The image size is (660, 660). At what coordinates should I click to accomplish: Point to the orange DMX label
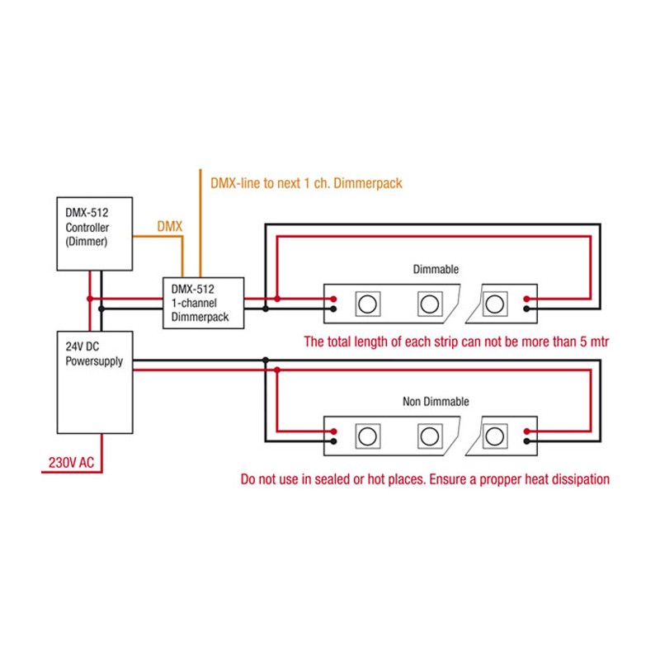click(x=170, y=225)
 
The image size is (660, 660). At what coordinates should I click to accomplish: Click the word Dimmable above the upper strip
click(x=435, y=270)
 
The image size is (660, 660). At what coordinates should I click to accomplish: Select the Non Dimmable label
click(x=436, y=402)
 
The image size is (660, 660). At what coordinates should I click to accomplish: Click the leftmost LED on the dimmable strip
click(x=367, y=304)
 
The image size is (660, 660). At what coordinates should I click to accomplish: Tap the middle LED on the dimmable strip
click(x=430, y=304)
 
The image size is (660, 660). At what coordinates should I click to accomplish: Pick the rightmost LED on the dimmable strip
click(x=495, y=304)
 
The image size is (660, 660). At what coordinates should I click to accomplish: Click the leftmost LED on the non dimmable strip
click(x=367, y=436)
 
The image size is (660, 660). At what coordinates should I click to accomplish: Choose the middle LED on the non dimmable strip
click(x=430, y=436)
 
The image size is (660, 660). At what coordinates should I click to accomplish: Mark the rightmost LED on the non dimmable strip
click(x=495, y=436)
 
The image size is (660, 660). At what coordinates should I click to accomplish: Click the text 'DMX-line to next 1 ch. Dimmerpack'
click(x=307, y=183)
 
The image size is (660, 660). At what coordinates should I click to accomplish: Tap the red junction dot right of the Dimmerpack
click(x=277, y=298)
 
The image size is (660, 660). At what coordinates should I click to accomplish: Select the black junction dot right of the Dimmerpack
click(x=265, y=309)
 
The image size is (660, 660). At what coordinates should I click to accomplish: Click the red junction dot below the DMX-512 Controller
click(x=89, y=298)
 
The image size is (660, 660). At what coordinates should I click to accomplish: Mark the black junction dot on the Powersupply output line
click(x=265, y=361)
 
